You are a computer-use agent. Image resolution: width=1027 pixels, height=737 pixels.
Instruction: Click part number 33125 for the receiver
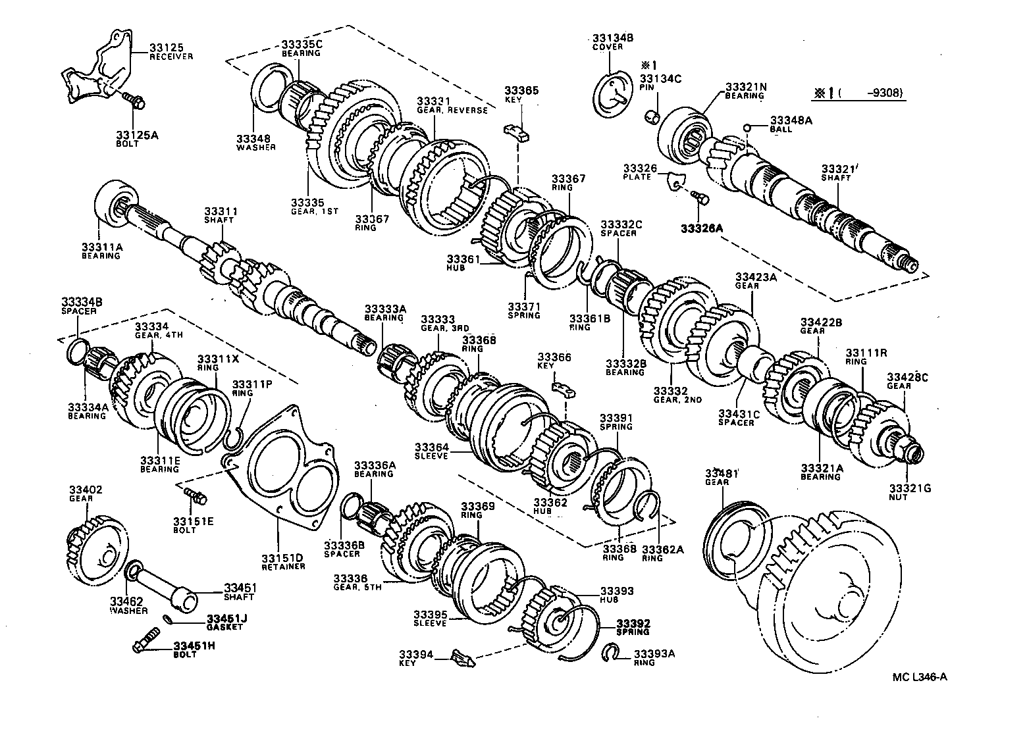click(166, 48)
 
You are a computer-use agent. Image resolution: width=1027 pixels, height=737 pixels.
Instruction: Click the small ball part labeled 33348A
click(748, 128)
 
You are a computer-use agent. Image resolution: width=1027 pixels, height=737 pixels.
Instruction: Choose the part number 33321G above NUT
click(908, 488)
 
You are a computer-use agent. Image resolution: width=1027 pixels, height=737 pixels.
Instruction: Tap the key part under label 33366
click(564, 389)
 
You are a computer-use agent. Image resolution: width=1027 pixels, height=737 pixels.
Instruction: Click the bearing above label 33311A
click(117, 202)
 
